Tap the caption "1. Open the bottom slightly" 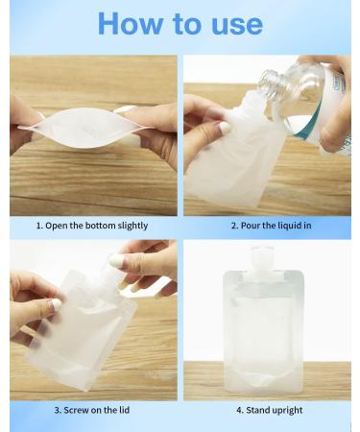[92, 227]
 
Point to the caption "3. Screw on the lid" [92, 411]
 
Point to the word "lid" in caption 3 [143, 411]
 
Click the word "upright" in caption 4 [287, 411]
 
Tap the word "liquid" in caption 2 [287, 227]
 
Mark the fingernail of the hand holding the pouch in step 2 [224, 128]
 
